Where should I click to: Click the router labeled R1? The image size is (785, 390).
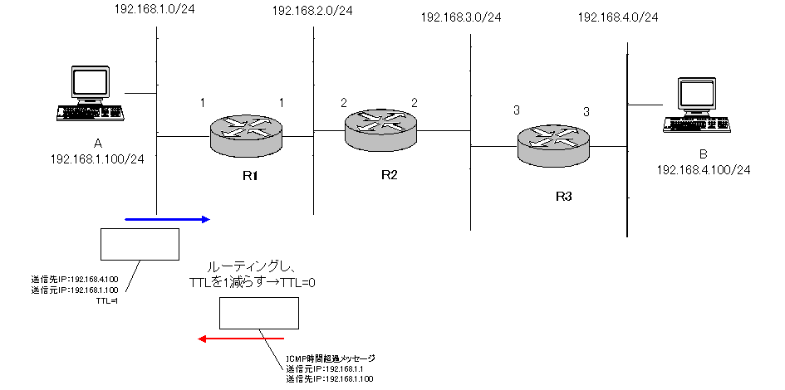247,134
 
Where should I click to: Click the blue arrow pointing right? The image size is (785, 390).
165,219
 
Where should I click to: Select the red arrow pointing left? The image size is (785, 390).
241,339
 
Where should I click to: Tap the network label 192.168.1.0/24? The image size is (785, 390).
154,10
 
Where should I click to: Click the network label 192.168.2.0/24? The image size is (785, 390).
312,10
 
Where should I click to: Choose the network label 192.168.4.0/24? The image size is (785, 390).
618,17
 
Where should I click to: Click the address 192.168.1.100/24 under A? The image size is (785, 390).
98,158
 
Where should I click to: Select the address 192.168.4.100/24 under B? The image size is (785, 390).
704,169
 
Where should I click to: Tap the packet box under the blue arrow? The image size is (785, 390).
140,244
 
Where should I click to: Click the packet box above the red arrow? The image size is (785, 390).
258,313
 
